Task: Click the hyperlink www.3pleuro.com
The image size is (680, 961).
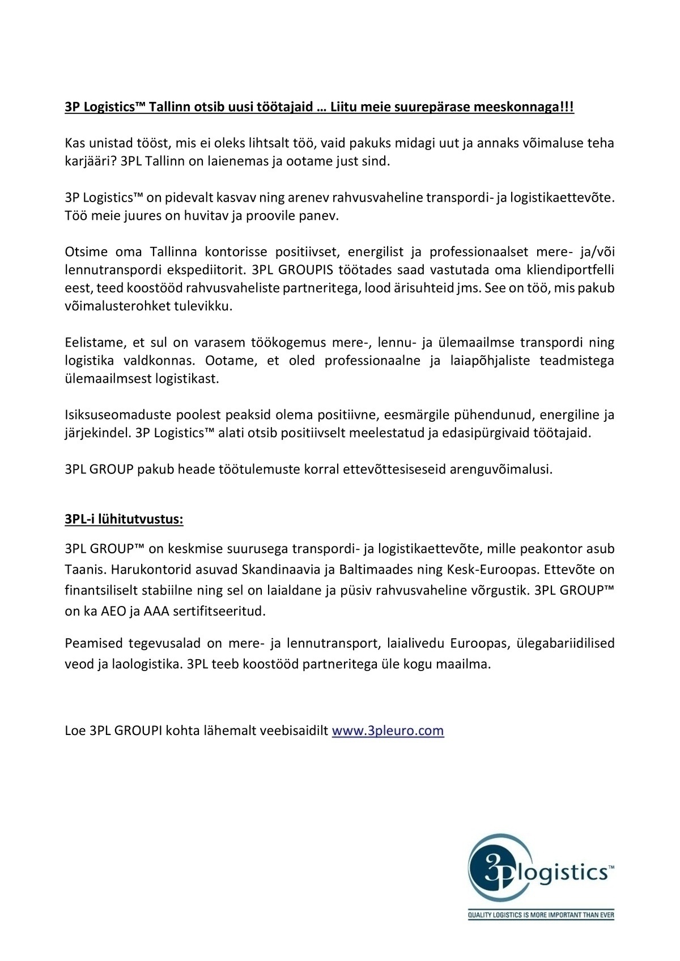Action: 388,731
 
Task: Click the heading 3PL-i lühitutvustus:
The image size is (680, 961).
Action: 124,519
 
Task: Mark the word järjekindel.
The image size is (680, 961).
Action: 99,433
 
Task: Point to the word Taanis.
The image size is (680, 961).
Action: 84,569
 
